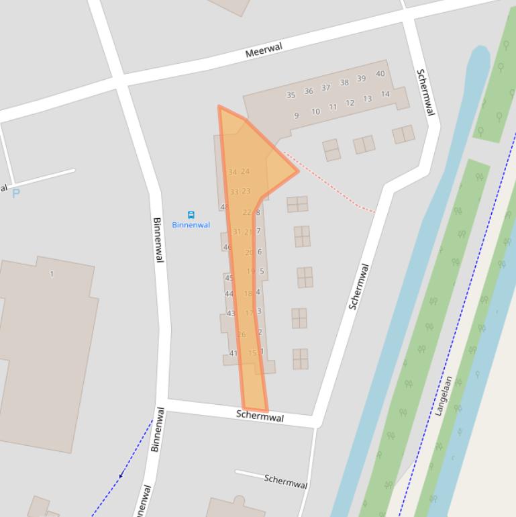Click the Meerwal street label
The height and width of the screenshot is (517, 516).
(x=263, y=50)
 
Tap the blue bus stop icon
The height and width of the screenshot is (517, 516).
(x=191, y=215)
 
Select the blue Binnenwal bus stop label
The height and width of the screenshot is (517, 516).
(x=191, y=225)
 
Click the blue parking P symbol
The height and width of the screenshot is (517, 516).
(x=16, y=193)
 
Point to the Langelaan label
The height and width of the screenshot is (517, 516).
(x=444, y=396)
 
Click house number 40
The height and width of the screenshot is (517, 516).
(x=380, y=74)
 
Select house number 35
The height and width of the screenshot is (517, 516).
(x=291, y=95)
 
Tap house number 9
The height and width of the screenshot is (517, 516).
(x=296, y=115)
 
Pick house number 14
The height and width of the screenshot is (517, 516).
(x=385, y=94)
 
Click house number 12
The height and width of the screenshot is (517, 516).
(x=350, y=103)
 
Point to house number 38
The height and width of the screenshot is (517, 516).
(x=344, y=83)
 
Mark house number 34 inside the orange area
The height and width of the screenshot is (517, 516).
(x=232, y=172)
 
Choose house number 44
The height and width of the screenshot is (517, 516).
(x=229, y=293)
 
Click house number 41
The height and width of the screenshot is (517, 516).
(x=233, y=353)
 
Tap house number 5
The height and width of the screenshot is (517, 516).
(x=262, y=272)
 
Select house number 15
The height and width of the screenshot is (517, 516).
(x=252, y=353)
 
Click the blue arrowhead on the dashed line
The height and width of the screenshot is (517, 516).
(x=121, y=476)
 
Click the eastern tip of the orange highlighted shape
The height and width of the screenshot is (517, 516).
(x=297, y=171)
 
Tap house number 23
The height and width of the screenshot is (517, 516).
(x=246, y=191)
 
